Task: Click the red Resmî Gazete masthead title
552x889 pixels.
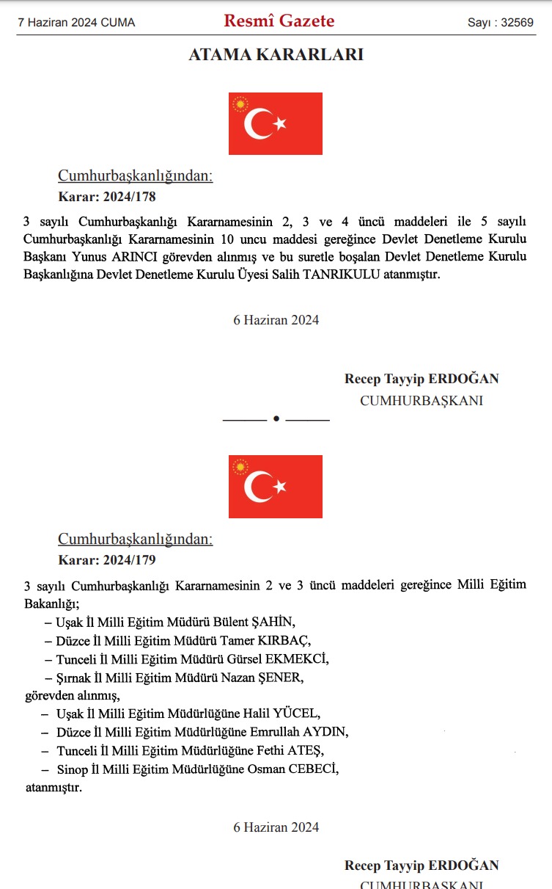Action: coord(279,21)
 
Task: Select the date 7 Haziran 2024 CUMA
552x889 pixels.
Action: coord(76,23)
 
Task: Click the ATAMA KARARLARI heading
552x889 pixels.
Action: coord(276,54)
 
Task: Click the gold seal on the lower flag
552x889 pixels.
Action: coord(240,468)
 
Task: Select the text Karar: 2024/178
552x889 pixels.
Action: coord(107,197)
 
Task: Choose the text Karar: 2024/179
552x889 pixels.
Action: coord(107,560)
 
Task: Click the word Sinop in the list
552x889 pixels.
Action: coord(72,769)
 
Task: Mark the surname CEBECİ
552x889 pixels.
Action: coord(314,769)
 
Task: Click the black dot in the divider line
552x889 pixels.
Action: coord(276,418)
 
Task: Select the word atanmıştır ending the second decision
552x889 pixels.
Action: coord(54,788)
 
